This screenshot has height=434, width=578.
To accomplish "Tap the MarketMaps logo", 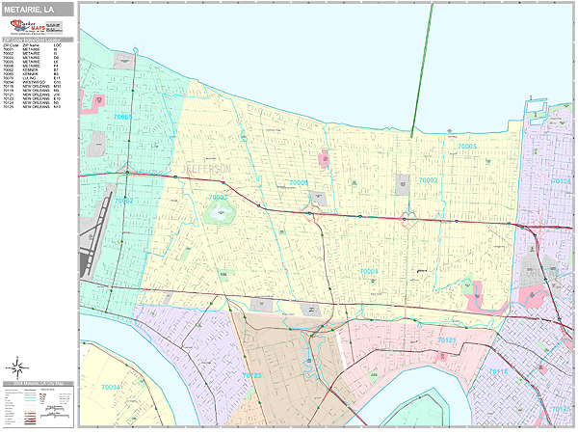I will (x=39, y=26).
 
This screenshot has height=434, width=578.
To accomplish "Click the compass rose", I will (x=16, y=366).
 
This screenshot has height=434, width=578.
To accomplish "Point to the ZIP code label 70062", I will (x=122, y=201).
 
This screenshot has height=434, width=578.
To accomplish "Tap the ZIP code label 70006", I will (x=300, y=181).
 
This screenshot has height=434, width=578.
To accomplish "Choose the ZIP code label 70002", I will (x=427, y=179).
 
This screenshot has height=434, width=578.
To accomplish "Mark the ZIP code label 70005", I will (x=467, y=146).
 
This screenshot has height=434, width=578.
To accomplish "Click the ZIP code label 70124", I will (x=560, y=180).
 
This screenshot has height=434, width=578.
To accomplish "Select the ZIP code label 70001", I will (x=369, y=272).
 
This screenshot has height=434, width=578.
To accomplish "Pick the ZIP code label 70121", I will (x=448, y=340).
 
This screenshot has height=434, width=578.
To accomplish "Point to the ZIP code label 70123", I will (x=252, y=374).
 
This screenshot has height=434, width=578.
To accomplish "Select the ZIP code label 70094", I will (x=111, y=387).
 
